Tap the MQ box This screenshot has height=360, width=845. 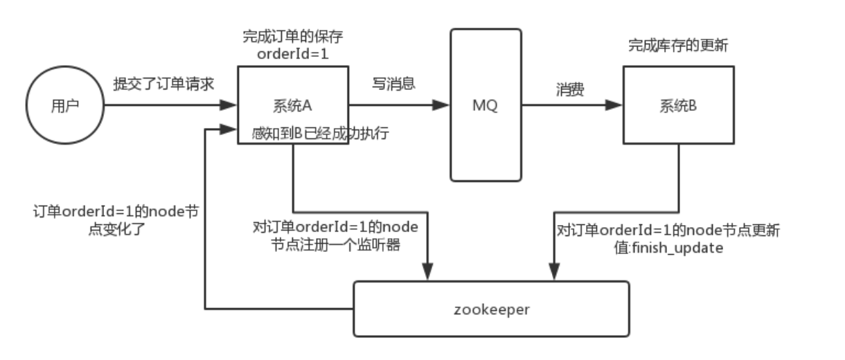click(x=486, y=107)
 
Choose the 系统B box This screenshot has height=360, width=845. click(x=678, y=106)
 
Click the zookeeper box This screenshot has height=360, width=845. click(x=492, y=308)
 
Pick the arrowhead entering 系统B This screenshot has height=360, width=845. click(x=614, y=106)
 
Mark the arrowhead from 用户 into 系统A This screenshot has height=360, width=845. click(x=229, y=106)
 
